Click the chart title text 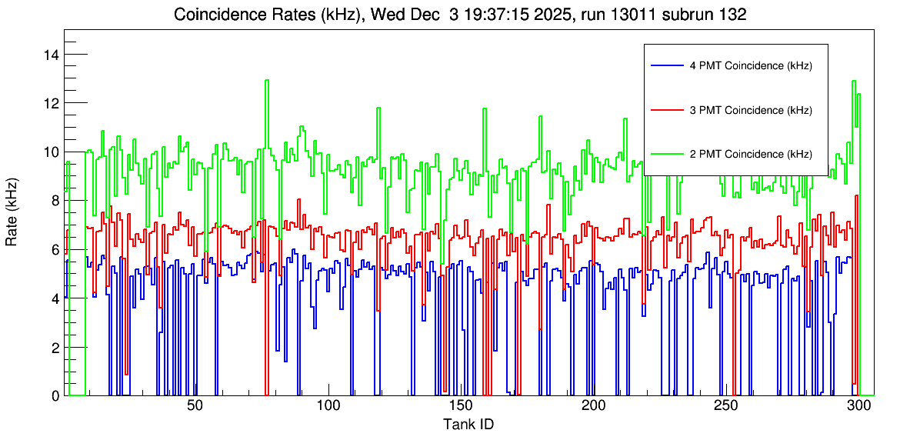(x=460, y=15)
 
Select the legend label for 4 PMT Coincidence (x=751, y=66)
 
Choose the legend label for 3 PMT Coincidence (x=751, y=110)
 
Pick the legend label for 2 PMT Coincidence (x=751, y=154)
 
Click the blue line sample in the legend (x=666, y=66)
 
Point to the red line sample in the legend (x=666, y=110)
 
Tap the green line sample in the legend (x=666, y=154)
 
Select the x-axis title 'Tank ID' (x=468, y=424)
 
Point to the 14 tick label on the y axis (x=52, y=55)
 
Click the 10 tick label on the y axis (x=52, y=152)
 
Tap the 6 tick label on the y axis (x=55, y=249)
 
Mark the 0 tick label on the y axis (x=55, y=395)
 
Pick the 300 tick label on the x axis (x=858, y=407)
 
